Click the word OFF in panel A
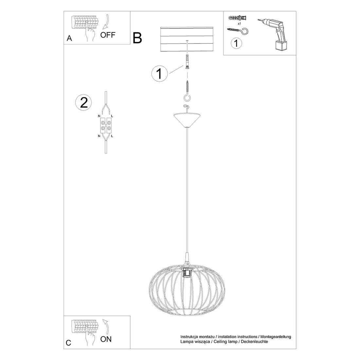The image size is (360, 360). tap(108, 35)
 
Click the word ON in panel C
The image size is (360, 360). tap(106, 339)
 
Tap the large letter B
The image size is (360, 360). tap(138, 38)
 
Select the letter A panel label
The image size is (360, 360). tap(69, 38)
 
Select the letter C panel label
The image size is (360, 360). tap(68, 343)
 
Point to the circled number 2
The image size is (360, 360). tap(84, 102)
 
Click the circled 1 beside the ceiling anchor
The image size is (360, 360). tap(159, 74)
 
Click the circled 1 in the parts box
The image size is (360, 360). tap(236, 43)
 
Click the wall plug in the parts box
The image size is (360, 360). tap(238, 17)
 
